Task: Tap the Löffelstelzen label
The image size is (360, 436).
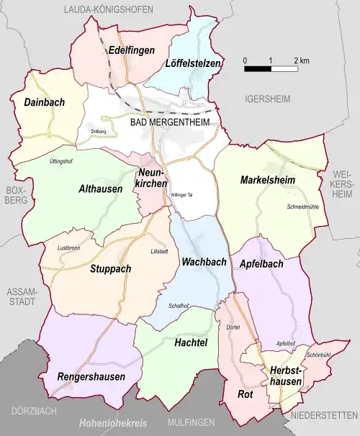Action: [192, 63]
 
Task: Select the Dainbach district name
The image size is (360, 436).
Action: [44, 102]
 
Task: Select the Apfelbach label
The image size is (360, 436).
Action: [261, 264]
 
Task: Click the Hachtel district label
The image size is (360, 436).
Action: [191, 343]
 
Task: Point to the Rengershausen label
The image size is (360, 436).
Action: [91, 376]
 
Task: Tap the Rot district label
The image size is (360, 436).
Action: [244, 394]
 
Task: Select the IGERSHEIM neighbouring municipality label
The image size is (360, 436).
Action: [266, 98]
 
